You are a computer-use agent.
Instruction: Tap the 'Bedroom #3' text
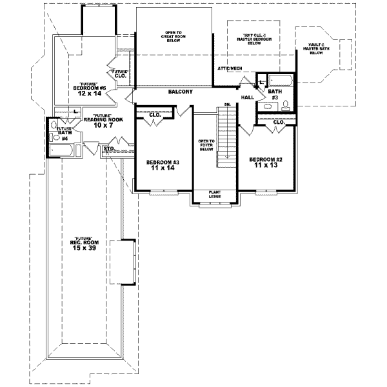coord(157,161)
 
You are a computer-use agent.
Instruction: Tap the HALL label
coord(248,97)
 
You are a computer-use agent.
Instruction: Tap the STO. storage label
coord(109,148)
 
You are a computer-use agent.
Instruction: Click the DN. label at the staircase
coord(227,104)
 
